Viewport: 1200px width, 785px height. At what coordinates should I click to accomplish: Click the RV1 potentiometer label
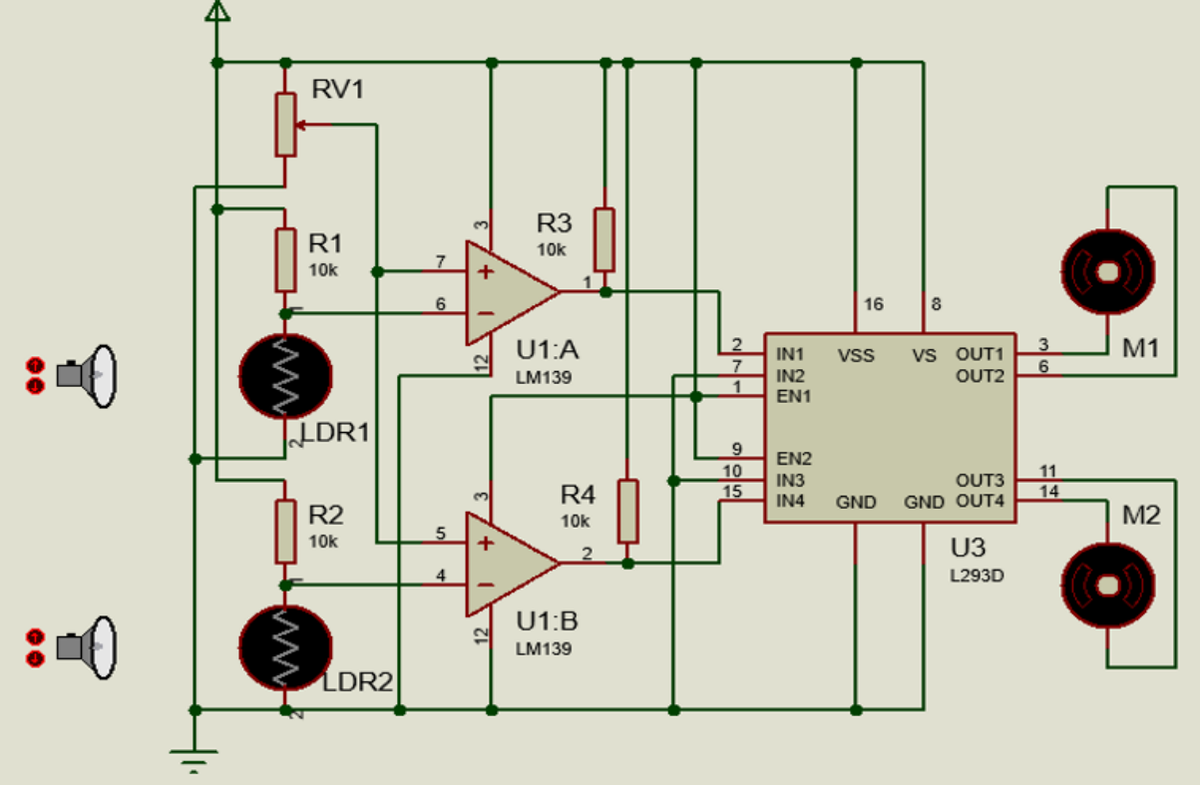[338, 90]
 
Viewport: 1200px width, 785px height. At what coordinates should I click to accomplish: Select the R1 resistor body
[286, 258]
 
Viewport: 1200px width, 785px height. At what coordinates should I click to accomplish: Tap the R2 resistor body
[286, 532]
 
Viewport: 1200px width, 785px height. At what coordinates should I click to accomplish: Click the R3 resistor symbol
[603, 239]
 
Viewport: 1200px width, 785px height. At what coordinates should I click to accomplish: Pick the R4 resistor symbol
[627, 511]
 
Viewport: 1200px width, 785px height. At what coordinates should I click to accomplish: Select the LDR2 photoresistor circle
[285, 647]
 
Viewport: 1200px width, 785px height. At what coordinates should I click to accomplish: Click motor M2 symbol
[1108, 584]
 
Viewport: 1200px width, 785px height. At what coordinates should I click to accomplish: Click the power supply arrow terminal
[217, 11]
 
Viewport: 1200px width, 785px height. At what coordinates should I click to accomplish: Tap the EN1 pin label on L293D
[794, 396]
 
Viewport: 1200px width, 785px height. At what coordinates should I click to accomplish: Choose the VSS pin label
[856, 355]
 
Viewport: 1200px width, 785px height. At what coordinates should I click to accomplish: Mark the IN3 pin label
[792, 480]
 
